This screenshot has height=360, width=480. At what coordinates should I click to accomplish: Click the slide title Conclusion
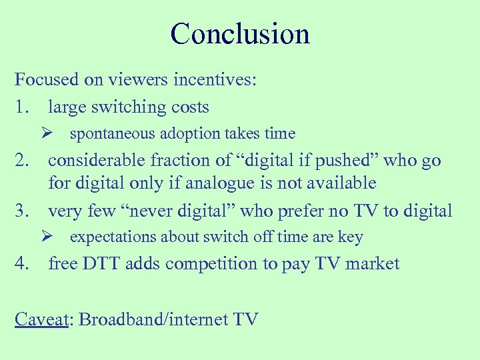(x=240, y=34)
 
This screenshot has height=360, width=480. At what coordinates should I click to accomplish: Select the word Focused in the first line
(x=47, y=80)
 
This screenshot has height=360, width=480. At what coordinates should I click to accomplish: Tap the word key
(x=351, y=237)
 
